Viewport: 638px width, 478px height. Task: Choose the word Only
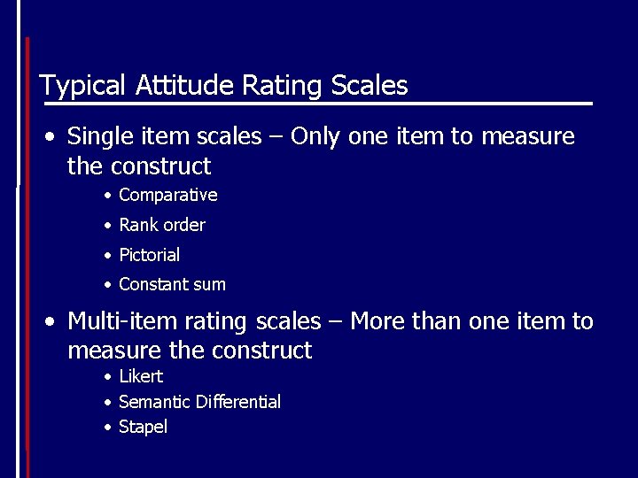(x=316, y=137)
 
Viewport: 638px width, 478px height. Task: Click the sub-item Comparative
(x=167, y=195)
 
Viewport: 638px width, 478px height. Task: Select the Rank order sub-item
(x=161, y=225)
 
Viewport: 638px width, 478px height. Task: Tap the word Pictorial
(x=149, y=255)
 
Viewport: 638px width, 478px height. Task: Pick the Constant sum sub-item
(x=172, y=284)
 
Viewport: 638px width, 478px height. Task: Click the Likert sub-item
(x=141, y=376)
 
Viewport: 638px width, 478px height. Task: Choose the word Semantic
(x=155, y=402)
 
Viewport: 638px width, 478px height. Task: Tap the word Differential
(x=238, y=402)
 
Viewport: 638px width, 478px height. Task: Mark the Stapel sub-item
(x=143, y=428)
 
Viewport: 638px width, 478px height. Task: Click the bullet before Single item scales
(x=54, y=138)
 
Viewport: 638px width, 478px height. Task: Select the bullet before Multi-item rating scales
(x=54, y=322)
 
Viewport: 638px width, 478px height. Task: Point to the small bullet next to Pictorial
(x=106, y=256)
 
